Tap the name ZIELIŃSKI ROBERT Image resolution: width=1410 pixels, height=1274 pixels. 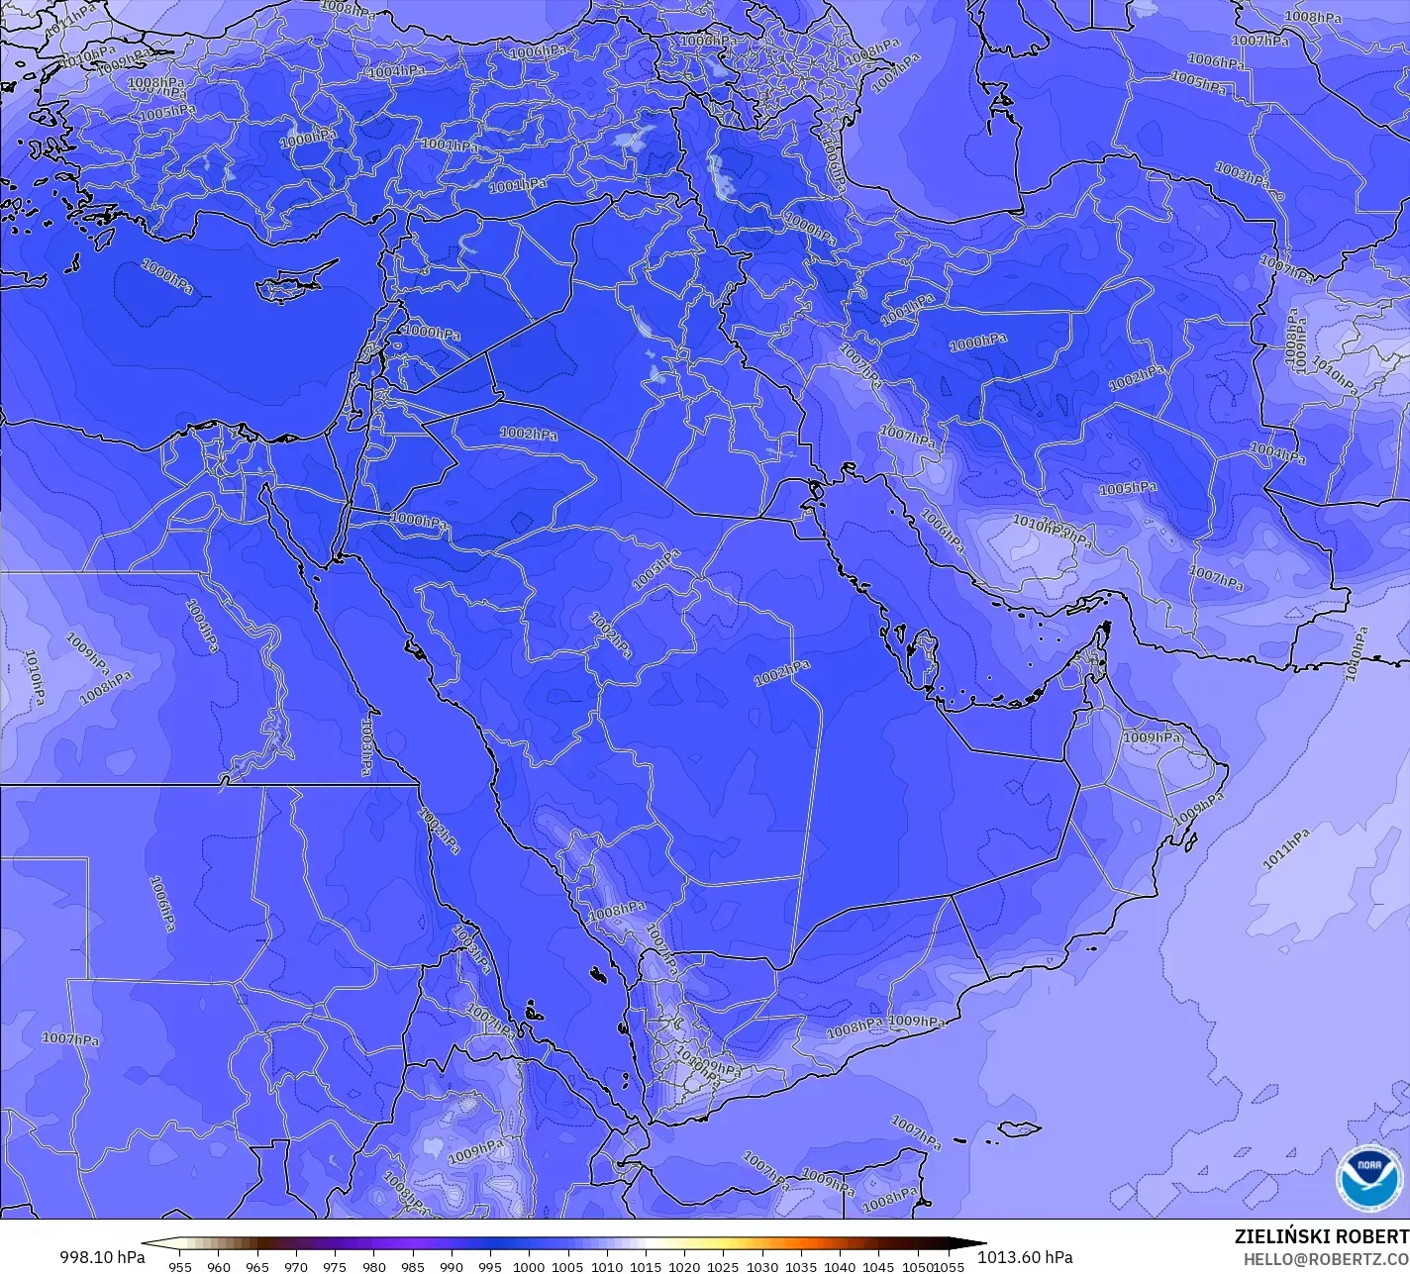[1321, 1236]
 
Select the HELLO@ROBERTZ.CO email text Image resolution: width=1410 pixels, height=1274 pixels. [1326, 1258]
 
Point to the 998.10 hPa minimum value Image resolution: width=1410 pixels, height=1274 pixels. [102, 1257]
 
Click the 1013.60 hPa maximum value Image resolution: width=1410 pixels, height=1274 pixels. [1025, 1257]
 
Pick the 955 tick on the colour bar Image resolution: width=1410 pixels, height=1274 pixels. [179, 1266]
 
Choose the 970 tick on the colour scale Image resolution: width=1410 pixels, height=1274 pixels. [296, 1266]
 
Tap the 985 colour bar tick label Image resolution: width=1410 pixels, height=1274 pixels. [413, 1266]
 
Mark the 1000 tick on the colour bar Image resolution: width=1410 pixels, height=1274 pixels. [529, 1266]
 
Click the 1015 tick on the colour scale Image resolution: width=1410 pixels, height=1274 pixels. [646, 1266]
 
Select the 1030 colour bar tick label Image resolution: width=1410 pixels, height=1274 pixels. [761, 1266]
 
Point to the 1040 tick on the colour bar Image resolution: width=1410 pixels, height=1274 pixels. [840, 1266]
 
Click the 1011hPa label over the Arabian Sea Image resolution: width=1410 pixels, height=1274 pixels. [1285, 849]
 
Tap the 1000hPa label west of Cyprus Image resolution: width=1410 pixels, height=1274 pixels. [167, 276]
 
